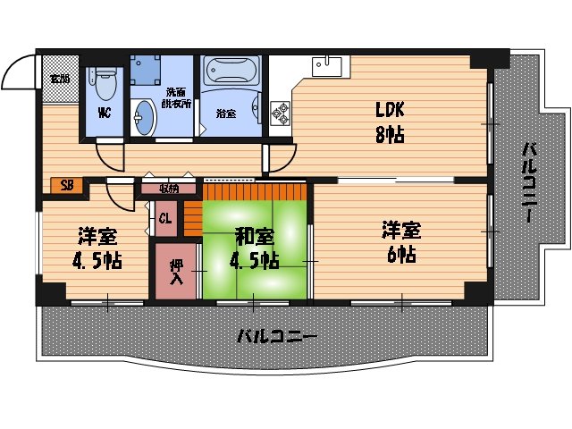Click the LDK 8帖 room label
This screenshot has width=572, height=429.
pos(390,122)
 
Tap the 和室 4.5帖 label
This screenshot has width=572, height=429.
pos(256,248)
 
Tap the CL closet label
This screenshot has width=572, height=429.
pos(165,218)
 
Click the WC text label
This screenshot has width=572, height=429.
pos(105,113)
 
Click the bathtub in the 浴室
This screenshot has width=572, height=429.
pos(230,70)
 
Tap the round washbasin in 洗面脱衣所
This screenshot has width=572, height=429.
pos(144,115)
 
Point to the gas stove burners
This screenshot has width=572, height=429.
pos(279,112)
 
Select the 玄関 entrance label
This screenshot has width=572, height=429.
pos(60,79)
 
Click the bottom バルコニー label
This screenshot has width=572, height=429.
pos(276,337)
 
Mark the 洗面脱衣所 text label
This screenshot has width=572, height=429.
pos(176,98)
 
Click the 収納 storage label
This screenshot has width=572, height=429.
pos(169,189)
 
